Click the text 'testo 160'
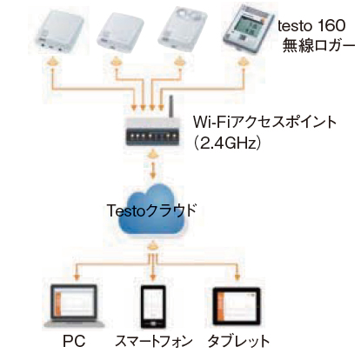[x=311, y=26]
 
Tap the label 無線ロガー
[x=318, y=45]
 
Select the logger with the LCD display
[x=249, y=29]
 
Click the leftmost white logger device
[x=59, y=32]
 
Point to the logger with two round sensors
[x=183, y=29]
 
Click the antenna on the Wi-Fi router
[x=171, y=106]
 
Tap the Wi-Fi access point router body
[x=152, y=131]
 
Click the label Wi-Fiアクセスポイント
[x=264, y=122]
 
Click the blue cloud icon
[x=152, y=210]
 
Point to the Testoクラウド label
[x=151, y=210]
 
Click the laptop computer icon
[x=74, y=305]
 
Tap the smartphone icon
[x=153, y=307]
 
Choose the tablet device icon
[x=237, y=306]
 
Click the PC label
[x=74, y=341]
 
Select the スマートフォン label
[x=154, y=341]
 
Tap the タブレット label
[x=238, y=341]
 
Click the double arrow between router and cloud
[x=153, y=164]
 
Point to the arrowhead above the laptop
[x=77, y=277]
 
